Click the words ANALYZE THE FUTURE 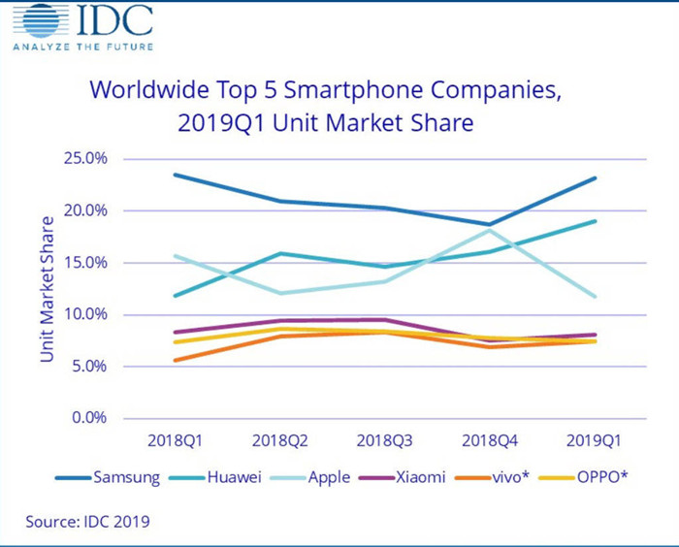(81, 46)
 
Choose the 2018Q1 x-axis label (175, 440)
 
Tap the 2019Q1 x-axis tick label (595, 440)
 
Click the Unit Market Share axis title (47, 288)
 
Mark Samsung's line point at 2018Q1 (176, 175)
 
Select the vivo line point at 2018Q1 (176, 360)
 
